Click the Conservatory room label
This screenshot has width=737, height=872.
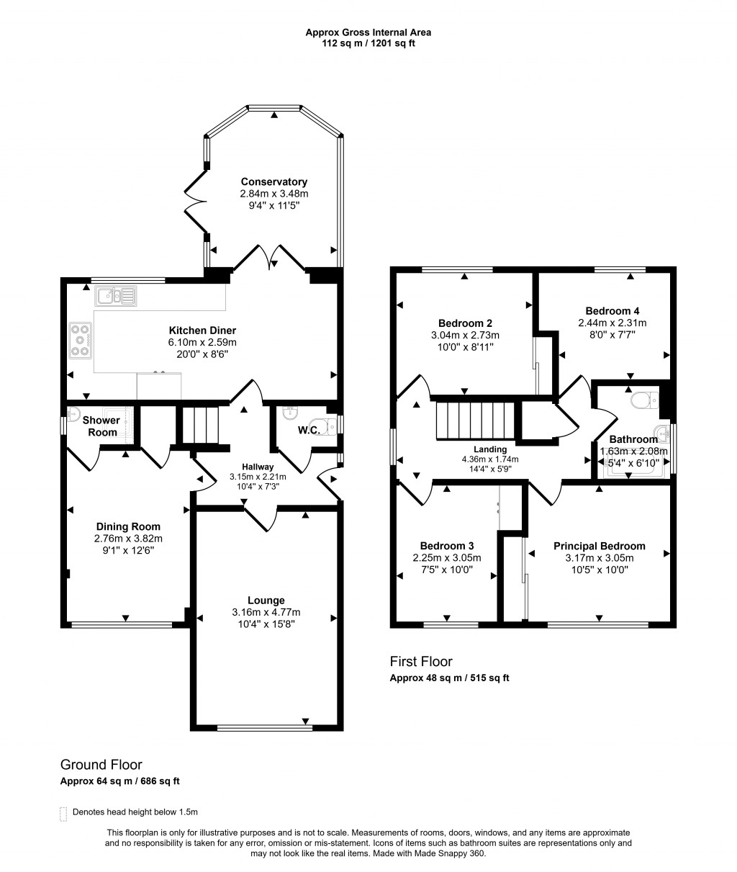pos(273,182)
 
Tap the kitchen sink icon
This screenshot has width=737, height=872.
pos(115,295)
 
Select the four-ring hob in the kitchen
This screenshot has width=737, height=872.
pos(80,339)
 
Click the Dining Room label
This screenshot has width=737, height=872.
pos(127,526)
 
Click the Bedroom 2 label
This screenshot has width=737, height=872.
pos(465,323)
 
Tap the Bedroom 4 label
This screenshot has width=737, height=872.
pos(612,310)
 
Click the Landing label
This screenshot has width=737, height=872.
pos(489,449)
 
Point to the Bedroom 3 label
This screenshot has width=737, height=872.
pos(447,545)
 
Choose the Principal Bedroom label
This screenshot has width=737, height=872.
pos(599,546)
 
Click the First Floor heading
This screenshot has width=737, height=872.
pos(421,662)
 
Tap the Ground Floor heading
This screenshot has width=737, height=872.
pos(101,765)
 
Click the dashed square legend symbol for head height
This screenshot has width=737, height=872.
pos(63,812)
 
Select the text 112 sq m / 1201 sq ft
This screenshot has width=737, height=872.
pos(368,43)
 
